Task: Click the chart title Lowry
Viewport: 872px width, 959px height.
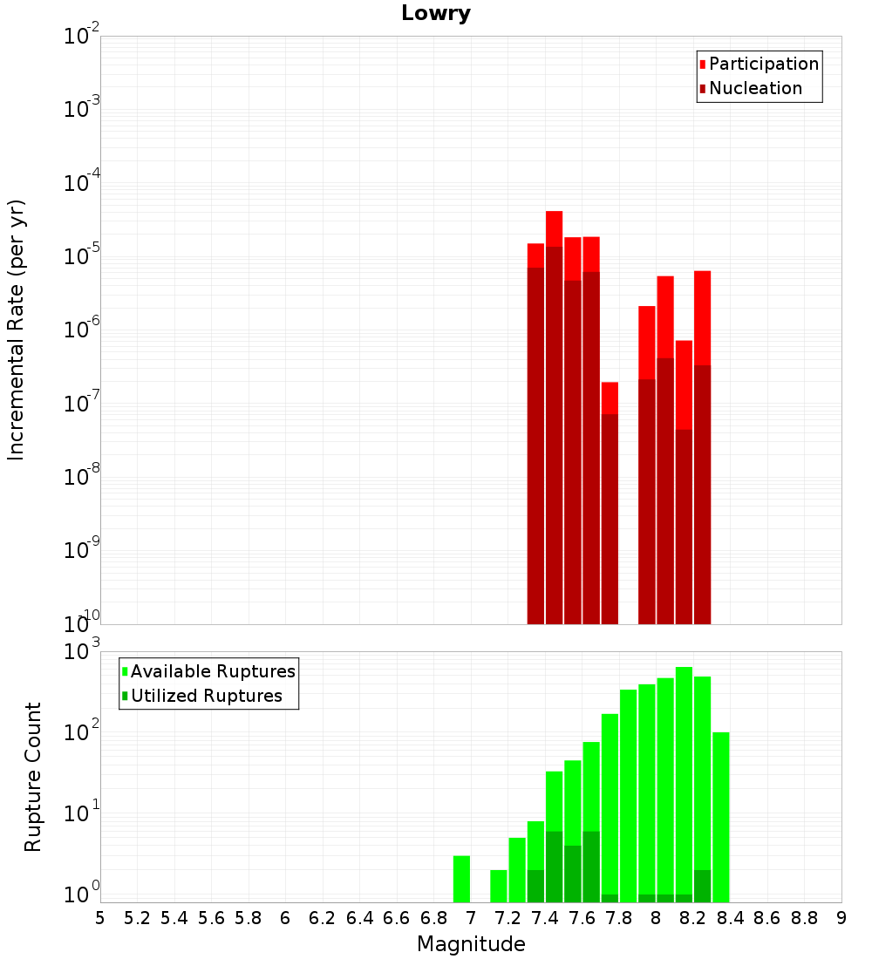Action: (436, 13)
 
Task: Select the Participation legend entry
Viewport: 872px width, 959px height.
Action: (759, 64)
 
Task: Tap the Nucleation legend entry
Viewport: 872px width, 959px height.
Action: (751, 88)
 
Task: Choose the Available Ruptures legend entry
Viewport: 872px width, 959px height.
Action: (208, 671)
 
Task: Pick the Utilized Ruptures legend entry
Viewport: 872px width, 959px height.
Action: (202, 696)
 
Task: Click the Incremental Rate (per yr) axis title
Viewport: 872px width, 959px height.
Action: (16, 330)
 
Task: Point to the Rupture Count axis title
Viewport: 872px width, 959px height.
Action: (32, 777)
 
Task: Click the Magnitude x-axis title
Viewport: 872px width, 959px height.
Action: (471, 944)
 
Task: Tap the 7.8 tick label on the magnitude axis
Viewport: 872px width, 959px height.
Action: (618, 919)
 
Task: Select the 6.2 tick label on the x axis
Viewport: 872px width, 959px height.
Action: (322, 919)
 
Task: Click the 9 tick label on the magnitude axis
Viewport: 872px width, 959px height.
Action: (841, 919)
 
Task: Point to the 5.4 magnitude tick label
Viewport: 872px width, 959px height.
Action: (174, 919)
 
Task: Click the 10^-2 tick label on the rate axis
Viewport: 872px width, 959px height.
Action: (81, 34)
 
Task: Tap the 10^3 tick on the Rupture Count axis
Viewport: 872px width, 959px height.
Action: (81, 650)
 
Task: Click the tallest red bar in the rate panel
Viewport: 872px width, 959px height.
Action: (554, 418)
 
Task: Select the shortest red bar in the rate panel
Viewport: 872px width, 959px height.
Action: (610, 503)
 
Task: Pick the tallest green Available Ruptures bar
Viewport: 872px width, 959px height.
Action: (684, 785)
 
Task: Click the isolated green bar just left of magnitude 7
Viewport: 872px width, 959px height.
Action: (461, 879)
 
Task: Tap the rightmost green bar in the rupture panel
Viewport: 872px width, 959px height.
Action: (721, 817)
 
